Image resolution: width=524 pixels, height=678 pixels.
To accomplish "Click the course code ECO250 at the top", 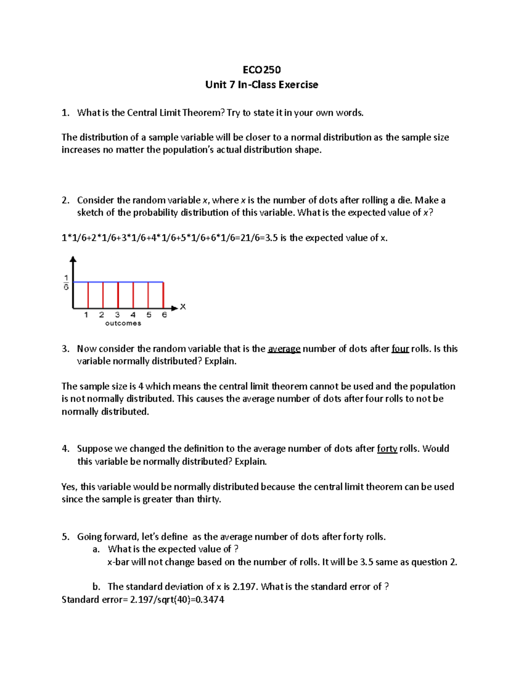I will click(x=262, y=70).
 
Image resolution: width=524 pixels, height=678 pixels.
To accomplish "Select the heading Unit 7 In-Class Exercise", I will click(x=262, y=85).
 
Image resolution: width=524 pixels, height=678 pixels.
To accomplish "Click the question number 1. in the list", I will click(x=65, y=113).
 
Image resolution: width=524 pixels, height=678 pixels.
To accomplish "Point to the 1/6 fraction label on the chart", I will click(x=66, y=282).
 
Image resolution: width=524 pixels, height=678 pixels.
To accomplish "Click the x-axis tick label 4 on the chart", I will click(x=133, y=315).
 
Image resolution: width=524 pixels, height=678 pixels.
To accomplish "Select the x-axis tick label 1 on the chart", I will click(x=86, y=315).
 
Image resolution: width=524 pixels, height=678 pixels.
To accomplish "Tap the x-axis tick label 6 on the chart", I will click(x=164, y=315).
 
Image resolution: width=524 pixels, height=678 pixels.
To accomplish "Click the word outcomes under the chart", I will click(x=123, y=324).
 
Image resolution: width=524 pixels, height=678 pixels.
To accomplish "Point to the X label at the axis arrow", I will click(x=183, y=307).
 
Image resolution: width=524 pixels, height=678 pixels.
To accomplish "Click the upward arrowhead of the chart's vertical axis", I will click(x=73, y=260).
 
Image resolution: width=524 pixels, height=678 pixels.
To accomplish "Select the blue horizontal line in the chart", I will click(x=118, y=282).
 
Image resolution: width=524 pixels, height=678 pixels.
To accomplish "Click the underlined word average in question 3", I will click(x=284, y=349).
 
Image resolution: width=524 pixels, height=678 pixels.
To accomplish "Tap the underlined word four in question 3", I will click(x=400, y=349).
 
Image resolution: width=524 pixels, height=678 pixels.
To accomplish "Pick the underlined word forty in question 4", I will click(x=387, y=449).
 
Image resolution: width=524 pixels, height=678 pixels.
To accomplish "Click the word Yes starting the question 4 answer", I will click(x=69, y=487).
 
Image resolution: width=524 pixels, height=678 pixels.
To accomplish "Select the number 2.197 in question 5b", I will click(x=244, y=587).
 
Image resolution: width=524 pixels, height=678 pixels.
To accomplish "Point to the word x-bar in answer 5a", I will click(x=118, y=562).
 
